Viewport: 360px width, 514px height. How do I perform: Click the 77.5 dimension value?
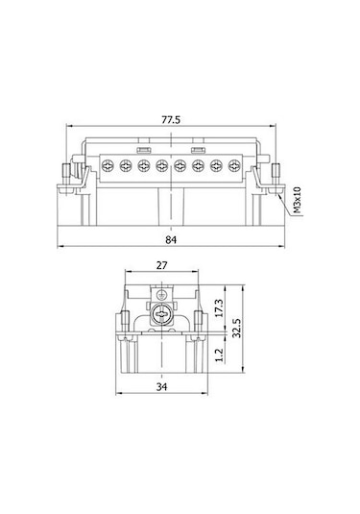point(171,120)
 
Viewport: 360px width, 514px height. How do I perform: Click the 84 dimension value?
point(171,240)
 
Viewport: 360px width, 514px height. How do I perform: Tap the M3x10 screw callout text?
point(297,200)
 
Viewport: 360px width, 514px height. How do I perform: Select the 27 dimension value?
point(161,265)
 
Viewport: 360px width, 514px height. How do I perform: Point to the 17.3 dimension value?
point(219,308)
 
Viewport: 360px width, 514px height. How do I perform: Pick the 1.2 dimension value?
point(219,355)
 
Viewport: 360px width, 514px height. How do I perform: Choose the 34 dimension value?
point(161,387)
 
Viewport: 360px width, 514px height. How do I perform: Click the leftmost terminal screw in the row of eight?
point(108,166)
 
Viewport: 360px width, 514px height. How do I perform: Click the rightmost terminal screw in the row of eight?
point(234,166)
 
